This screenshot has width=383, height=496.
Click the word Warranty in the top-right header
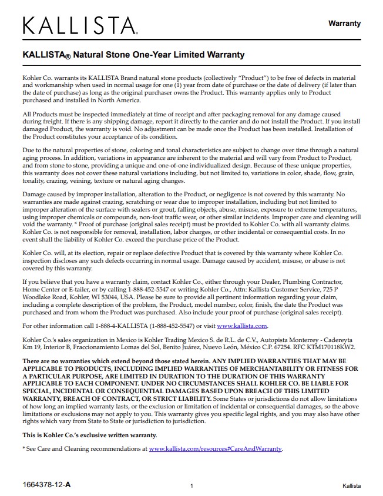(x=344, y=24)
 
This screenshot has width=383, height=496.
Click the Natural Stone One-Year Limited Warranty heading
(x=133, y=55)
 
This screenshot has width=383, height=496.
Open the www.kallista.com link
(x=242, y=326)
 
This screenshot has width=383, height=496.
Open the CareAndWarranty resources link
(x=216, y=448)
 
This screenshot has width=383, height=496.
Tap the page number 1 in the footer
(x=192, y=485)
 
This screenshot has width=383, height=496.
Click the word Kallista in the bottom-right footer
(x=351, y=485)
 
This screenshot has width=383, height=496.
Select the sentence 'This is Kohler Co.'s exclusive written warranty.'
(x=90, y=435)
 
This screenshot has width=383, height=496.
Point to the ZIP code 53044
(x=119, y=298)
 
